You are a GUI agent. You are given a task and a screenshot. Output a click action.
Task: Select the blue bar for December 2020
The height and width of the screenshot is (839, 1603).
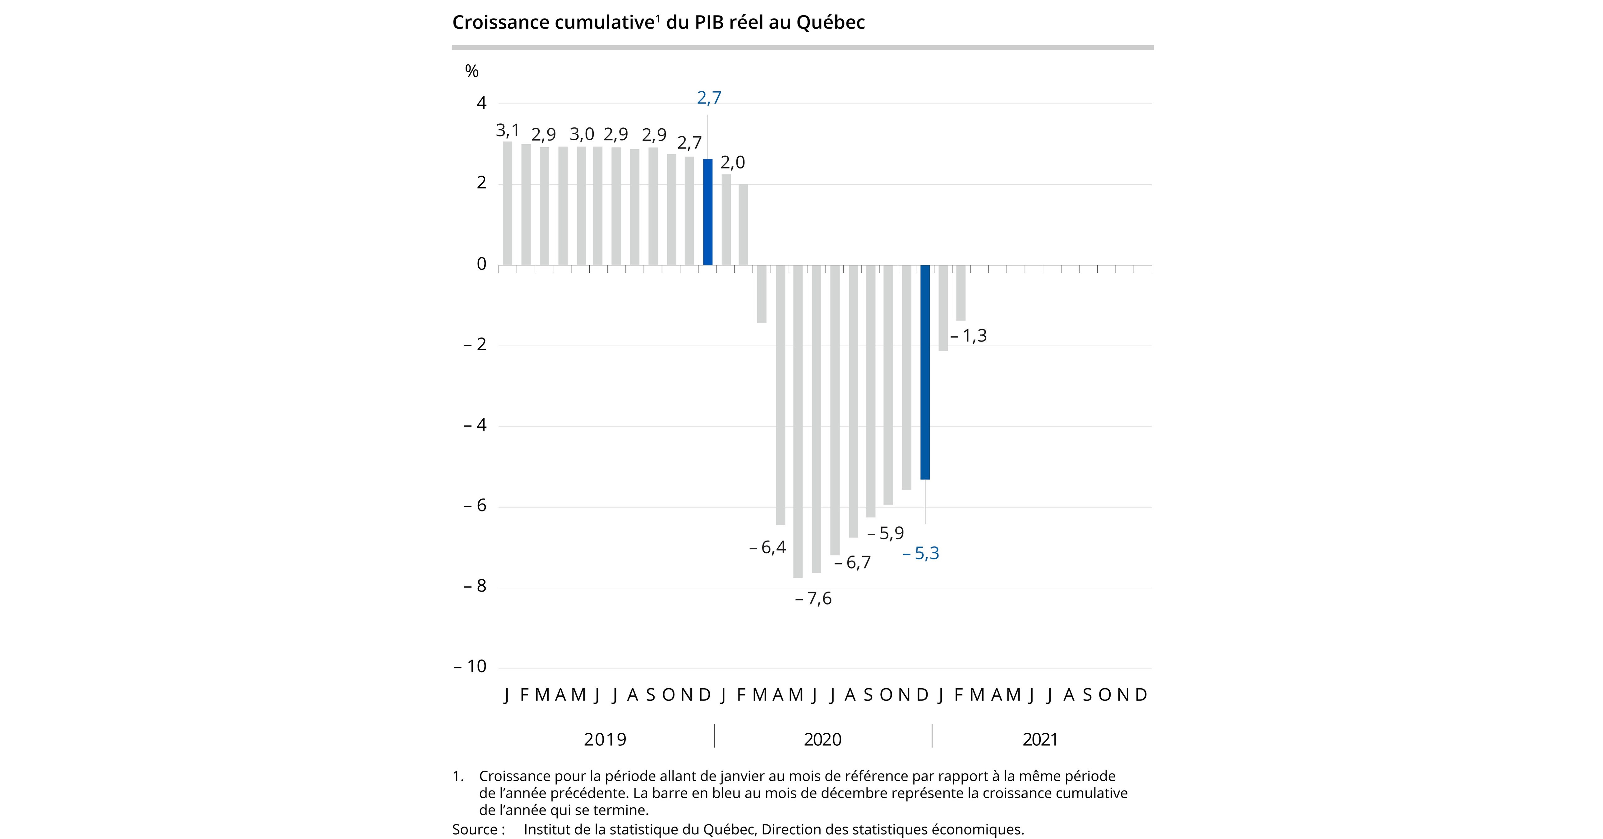pos(925,372)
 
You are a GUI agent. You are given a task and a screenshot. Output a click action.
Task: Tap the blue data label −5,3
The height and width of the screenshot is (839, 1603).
pos(921,553)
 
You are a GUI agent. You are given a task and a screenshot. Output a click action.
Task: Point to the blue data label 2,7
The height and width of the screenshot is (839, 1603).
pos(709,98)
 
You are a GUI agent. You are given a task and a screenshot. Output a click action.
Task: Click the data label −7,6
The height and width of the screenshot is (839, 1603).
pos(813,599)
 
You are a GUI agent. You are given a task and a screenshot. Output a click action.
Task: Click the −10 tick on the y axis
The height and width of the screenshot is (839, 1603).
pos(470,666)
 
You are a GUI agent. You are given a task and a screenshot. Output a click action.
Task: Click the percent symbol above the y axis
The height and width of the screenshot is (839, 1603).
pos(472,71)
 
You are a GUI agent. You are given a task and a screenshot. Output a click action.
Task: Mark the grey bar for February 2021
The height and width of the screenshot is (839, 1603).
pos(961,293)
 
